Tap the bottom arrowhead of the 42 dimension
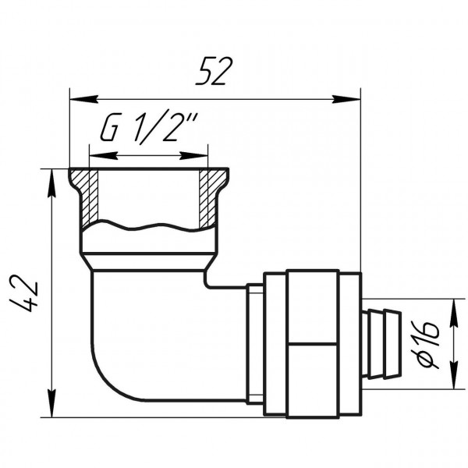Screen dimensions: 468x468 [x=52, y=394]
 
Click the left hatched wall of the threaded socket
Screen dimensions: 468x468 [x=90, y=195]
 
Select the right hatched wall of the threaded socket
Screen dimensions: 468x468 [x=207, y=195]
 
